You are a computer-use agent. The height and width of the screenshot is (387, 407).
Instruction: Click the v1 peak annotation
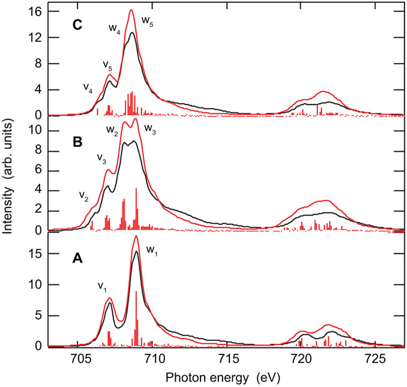pos(103,286)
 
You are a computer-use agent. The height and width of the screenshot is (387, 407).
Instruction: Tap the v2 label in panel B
pos(83,196)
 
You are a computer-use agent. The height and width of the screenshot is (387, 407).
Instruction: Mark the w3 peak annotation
pos(149,133)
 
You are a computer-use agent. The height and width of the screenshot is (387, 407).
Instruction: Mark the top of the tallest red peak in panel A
pos(136,236)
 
